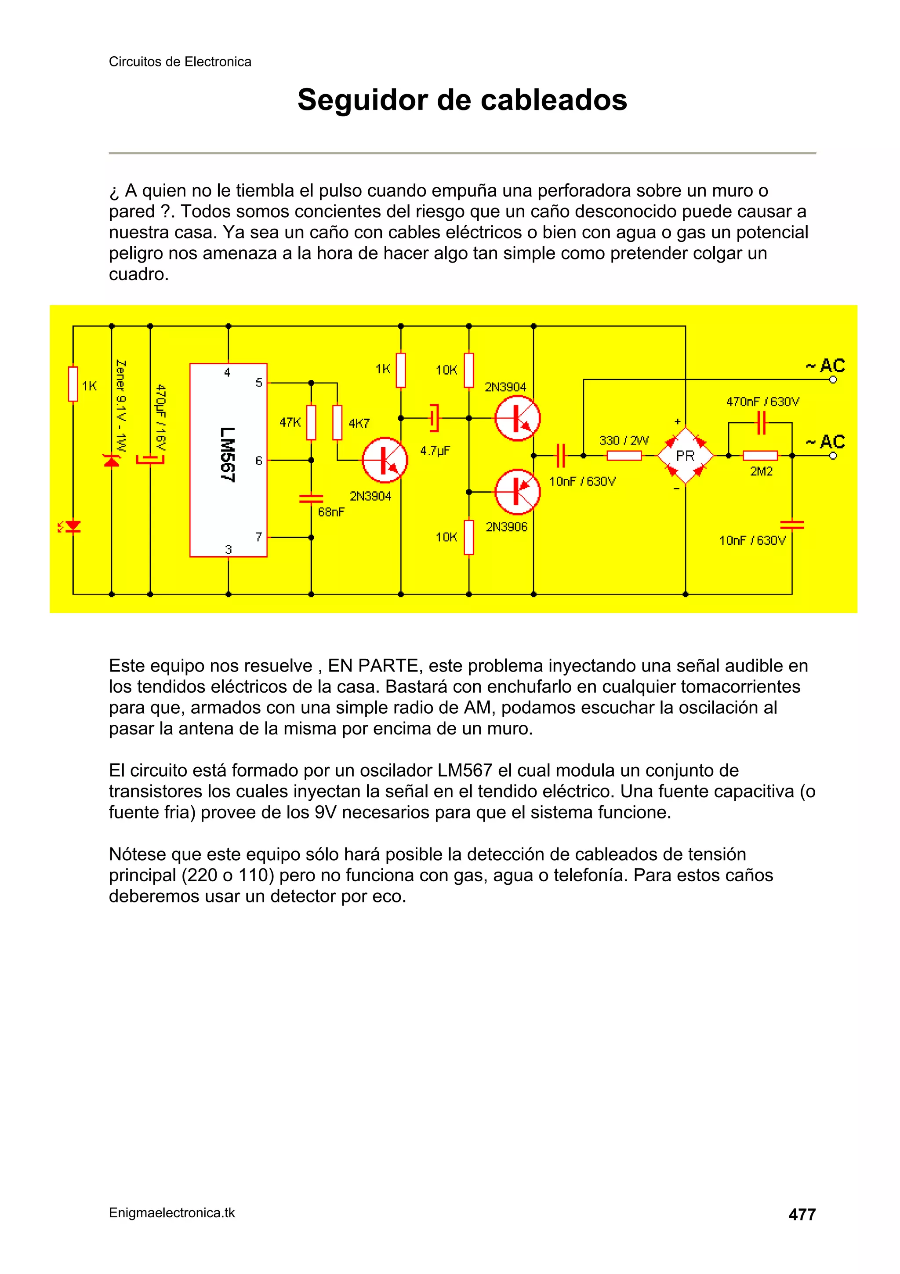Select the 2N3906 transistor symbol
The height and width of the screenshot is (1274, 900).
517,492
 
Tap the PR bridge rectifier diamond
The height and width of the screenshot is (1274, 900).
686,456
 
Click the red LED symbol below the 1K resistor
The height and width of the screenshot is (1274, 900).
73,526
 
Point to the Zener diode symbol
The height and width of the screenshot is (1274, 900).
112,460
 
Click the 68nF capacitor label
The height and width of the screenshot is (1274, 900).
331,512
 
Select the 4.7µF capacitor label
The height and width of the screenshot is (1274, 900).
435,451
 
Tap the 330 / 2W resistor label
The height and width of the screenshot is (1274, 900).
624,440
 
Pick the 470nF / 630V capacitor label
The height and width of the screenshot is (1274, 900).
762,402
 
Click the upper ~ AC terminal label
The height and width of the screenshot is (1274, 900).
825,365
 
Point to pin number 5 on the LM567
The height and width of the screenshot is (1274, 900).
259,382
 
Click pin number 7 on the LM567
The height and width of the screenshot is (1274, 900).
259,537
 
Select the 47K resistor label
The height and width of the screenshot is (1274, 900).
290,422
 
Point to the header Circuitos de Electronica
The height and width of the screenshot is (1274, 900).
180,62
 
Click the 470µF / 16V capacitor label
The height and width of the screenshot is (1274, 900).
161,418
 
